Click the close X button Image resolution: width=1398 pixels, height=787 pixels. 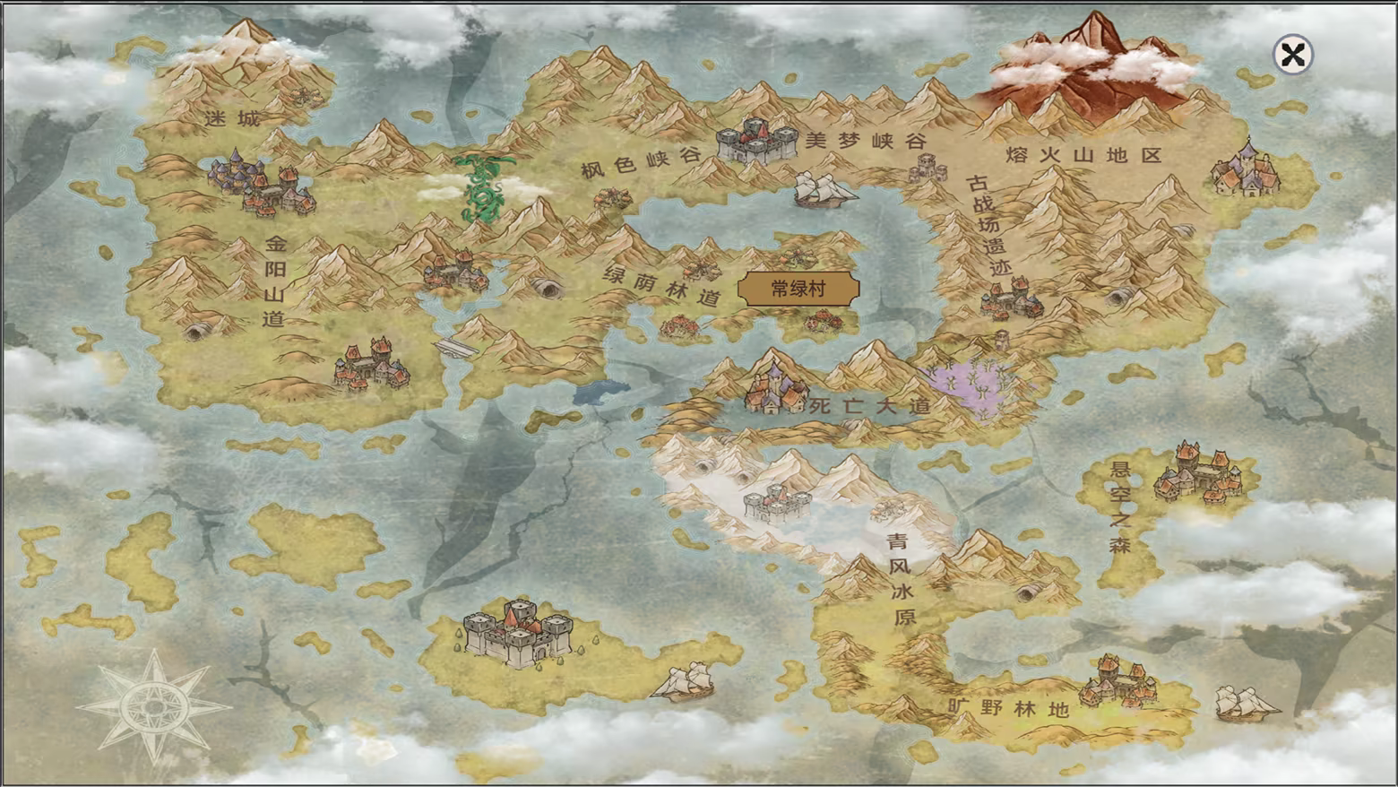pyautogui.click(x=1292, y=56)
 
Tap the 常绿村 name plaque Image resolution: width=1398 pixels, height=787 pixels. pyautogui.click(x=798, y=289)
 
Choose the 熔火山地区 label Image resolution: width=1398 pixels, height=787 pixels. pyautogui.click(x=1083, y=155)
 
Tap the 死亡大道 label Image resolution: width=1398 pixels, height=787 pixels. pyautogui.click(x=869, y=406)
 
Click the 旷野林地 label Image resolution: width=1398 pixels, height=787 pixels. pyautogui.click(x=1008, y=708)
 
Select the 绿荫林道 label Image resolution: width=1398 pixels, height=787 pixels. pyautogui.click(x=661, y=286)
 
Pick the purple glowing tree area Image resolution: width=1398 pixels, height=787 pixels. pyautogui.click(x=977, y=385)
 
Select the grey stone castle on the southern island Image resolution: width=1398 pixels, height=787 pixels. pyautogui.click(x=518, y=631)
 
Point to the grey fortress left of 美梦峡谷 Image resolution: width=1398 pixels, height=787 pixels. pyautogui.click(x=756, y=141)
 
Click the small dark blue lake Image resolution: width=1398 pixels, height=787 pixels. pyautogui.click(x=600, y=392)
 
